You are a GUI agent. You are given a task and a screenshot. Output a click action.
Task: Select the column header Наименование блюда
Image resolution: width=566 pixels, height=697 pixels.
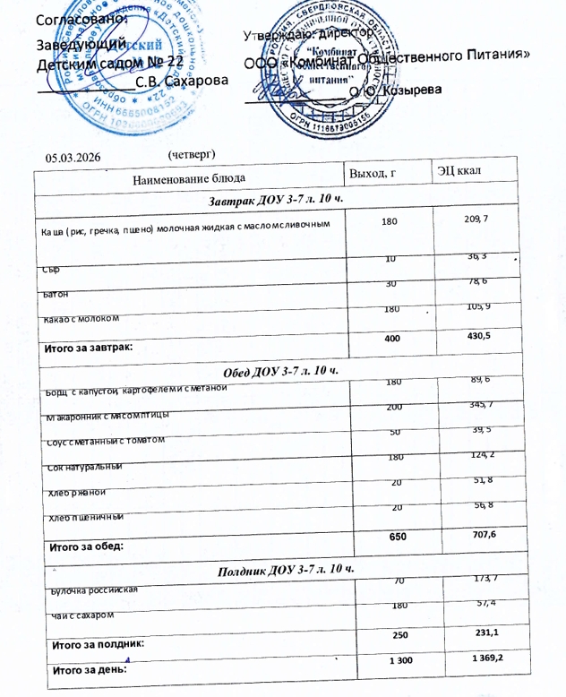click(188, 178)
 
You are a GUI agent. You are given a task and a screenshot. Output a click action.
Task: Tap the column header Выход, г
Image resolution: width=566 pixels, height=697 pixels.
click(376, 173)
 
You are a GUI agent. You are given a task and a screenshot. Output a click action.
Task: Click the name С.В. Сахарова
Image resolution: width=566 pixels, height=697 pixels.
click(182, 81)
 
